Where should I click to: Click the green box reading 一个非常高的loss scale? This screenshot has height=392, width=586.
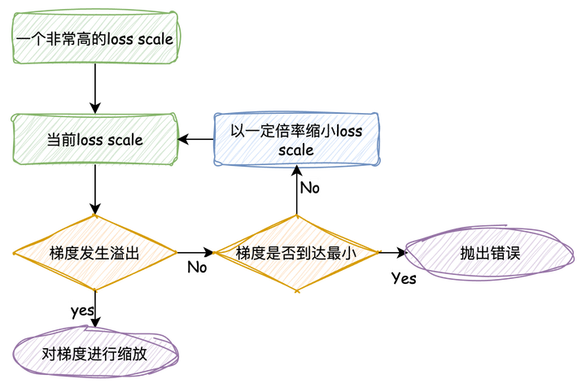pos(96,38)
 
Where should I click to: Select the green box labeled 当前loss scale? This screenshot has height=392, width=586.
pos(94,140)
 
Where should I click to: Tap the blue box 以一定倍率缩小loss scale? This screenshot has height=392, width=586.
pos(296,139)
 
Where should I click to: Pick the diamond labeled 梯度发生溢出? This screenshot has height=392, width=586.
pos(94,253)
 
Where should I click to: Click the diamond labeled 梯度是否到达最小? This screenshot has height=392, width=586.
pos(296,253)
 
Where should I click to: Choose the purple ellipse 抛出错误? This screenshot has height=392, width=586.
pos(489,253)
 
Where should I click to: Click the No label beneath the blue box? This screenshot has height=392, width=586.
pos(309,188)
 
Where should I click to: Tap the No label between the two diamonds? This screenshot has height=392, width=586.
pos(197,267)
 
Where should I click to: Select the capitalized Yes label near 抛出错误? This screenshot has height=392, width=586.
pos(404,279)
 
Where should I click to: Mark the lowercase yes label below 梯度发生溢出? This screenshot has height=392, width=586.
pos(82,310)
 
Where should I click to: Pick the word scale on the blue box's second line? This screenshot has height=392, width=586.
pos(296,150)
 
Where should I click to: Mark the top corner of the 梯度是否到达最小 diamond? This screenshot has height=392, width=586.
pos(296,216)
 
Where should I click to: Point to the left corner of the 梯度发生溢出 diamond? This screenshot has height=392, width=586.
pos(14,253)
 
